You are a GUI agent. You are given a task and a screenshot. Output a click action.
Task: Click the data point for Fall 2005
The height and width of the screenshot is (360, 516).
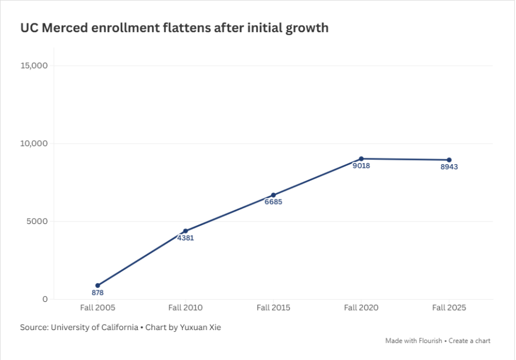97,286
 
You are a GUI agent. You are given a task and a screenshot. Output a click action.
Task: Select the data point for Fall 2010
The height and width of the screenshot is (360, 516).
185,231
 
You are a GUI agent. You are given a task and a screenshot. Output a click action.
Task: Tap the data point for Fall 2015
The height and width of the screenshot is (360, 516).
273,195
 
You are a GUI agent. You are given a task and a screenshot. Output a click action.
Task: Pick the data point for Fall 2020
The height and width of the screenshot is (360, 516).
361,158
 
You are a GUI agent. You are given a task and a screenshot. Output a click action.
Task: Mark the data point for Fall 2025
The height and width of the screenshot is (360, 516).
449,159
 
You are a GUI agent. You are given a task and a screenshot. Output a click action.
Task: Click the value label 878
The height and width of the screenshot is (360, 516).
97,293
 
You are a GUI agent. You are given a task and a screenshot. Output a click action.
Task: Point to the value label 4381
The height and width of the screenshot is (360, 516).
185,238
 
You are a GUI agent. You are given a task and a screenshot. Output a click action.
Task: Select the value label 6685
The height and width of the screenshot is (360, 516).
273,202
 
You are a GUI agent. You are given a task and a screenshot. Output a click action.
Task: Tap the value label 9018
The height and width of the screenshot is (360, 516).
361,166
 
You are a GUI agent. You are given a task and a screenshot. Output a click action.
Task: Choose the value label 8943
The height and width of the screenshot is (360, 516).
449,167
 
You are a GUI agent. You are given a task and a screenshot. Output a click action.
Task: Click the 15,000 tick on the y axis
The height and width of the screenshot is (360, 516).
34,66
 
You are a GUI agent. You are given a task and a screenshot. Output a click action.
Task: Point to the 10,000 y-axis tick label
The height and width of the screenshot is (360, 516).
34,144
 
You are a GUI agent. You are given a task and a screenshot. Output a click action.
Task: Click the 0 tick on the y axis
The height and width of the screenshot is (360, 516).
45,300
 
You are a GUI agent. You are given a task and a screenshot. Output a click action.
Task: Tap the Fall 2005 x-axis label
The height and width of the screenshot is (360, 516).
97,308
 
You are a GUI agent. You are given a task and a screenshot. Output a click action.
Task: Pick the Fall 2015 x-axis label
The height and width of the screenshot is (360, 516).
273,308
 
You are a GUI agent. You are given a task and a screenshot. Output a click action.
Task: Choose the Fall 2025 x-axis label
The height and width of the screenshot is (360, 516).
449,308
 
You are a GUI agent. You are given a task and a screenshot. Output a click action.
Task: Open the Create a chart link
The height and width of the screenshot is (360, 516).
470,341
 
